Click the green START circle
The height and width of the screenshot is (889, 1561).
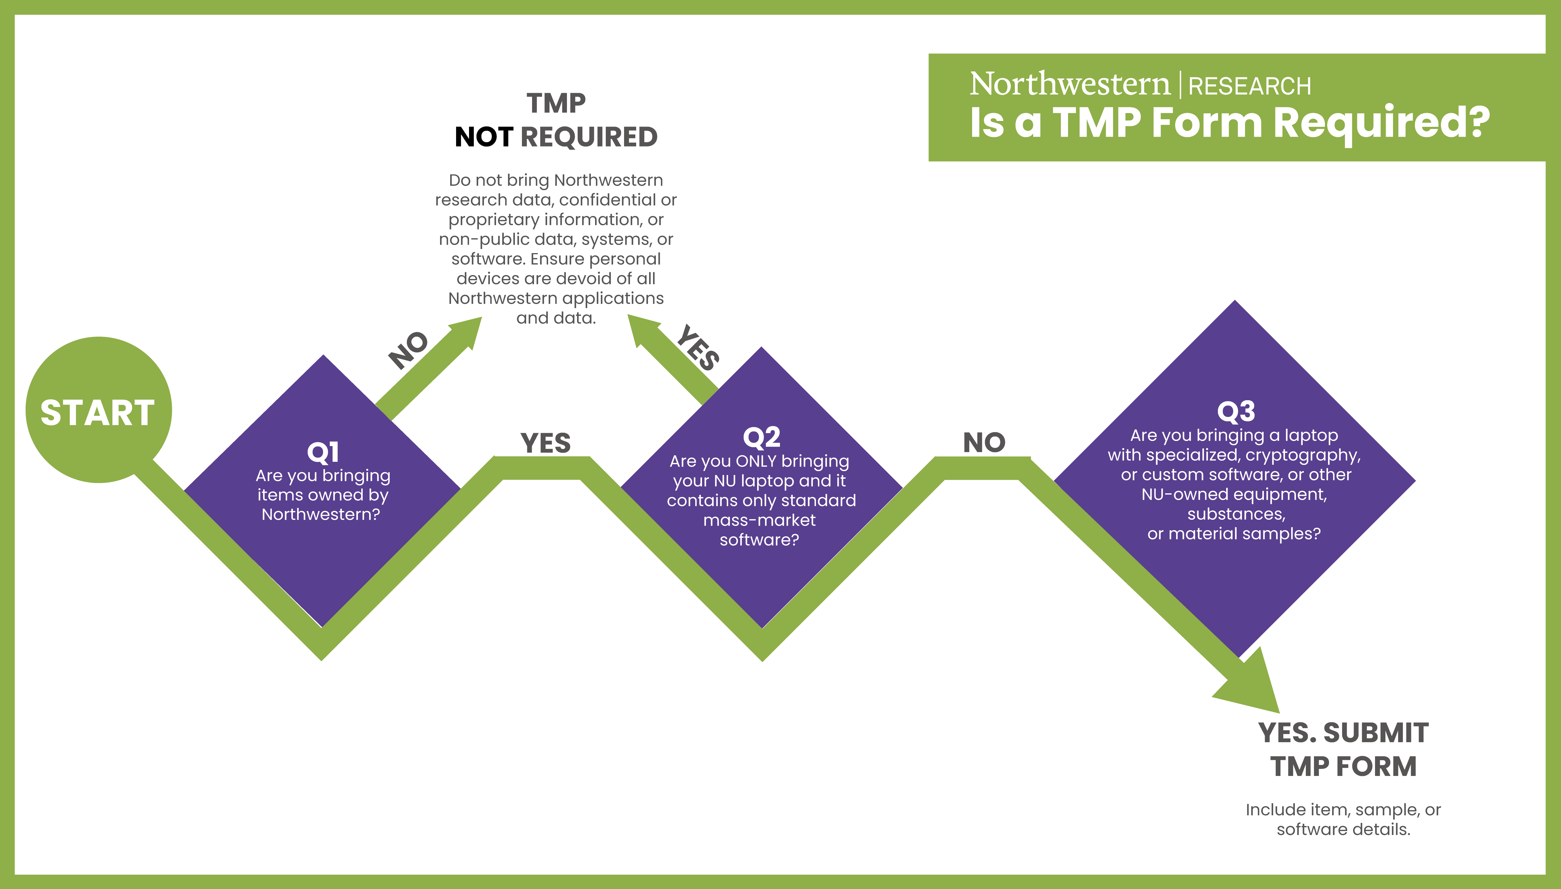[98, 410]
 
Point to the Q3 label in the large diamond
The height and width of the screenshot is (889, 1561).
[1235, 411]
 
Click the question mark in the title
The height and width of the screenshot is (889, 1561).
[1478, 122]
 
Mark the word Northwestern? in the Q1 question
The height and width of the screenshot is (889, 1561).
[321, 515]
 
